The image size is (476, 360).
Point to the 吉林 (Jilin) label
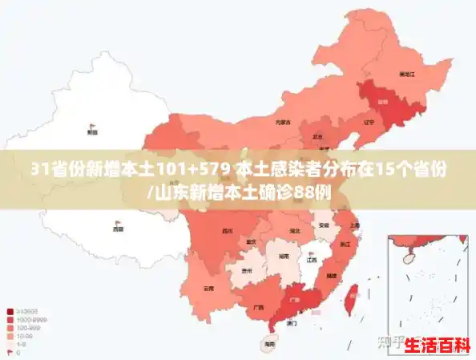(x=382, y=103)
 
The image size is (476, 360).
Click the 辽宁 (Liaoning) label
(x=369, y=123)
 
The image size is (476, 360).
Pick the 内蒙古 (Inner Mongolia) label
(x=282, y=123)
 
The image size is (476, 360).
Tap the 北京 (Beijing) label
(x=317, y=136)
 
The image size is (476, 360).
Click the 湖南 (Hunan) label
(x=283, y=257)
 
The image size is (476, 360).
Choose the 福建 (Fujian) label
(x=331, y=275)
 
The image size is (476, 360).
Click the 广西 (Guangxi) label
(x=257, y=307)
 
